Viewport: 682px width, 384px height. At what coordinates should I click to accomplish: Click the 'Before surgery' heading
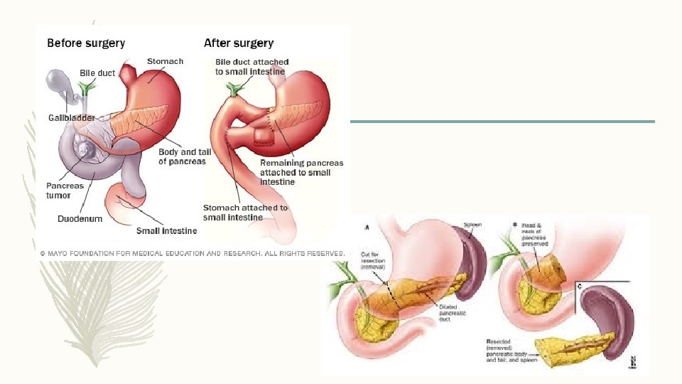[x=86, y=43]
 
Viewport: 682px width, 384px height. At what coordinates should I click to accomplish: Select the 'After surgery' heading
[x=239, y=43]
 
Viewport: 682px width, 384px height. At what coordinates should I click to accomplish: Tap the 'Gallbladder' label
[x=72, y=117]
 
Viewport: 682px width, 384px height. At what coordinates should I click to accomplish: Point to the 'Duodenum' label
[x=80, y=219]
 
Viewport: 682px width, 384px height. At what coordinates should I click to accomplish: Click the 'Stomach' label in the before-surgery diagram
[x=165, y=61]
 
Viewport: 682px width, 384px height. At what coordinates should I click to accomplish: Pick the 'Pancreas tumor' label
[x=65, y=191]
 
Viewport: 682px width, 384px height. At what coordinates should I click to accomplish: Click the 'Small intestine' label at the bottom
[x=167, y=230]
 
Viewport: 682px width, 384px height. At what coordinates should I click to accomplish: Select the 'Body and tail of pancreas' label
[x=182, y=156]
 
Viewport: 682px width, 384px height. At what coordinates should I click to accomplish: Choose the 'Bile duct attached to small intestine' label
[x=251, y=67]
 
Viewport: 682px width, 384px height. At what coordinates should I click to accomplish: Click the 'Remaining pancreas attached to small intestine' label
[x=301, y=172]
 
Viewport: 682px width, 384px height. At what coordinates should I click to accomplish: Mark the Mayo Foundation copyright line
[x=192, y=253]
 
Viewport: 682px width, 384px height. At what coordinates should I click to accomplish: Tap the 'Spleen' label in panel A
[x=473, y=225]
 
